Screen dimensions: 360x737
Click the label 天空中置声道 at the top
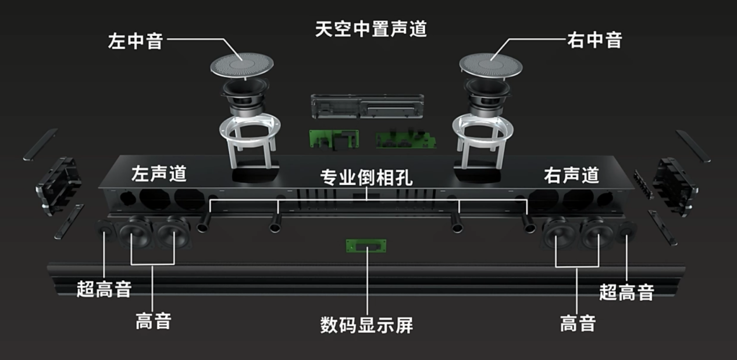[371, 28]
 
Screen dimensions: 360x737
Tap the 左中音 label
[135, 41]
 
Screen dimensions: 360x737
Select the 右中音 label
[594, 40]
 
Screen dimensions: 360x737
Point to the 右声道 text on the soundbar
[571, 174]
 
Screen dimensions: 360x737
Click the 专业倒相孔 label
[366, 178]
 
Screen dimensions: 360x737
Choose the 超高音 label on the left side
[104, 288]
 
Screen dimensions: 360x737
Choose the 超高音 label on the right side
[626, 291]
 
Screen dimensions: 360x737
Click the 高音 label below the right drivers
[578, 323]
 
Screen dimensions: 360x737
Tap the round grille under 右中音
[490, 63]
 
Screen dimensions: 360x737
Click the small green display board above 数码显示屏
[366, 246]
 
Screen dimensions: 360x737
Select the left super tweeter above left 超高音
[106, 231]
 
